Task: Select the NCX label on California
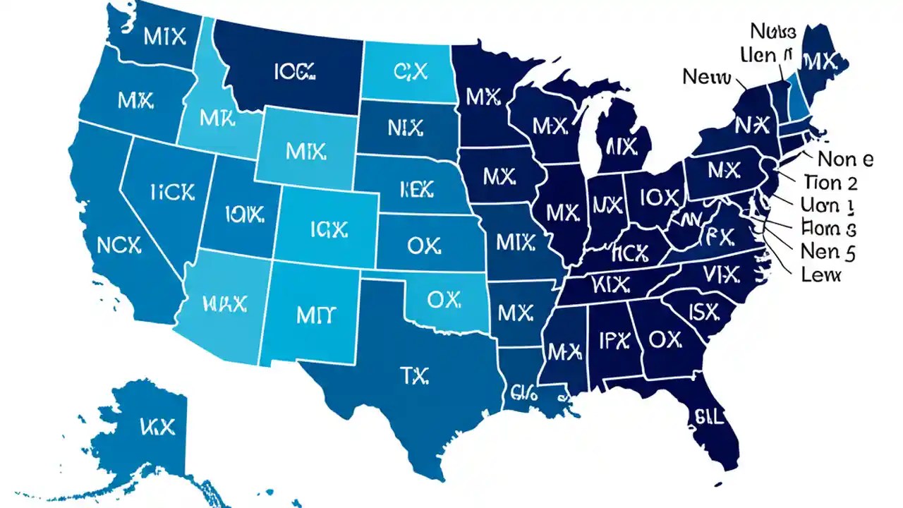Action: point(119,245)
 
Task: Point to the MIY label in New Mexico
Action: point(313,315)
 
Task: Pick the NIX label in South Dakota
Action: point(405,128)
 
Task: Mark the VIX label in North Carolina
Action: point(720,272)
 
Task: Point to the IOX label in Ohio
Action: point(660,198)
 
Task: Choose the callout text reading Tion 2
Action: point(830,183)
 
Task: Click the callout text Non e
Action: point(844,159)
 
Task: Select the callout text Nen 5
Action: point(828,250)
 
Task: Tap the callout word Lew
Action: point(822,274)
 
